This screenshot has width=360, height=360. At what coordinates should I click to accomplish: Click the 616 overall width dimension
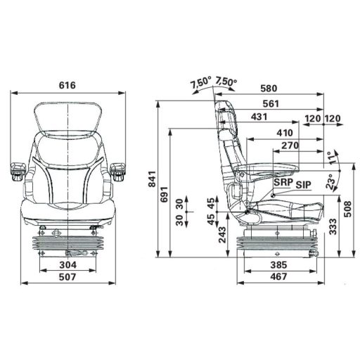[68, 86]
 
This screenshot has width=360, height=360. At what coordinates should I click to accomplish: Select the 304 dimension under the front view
[68, 265]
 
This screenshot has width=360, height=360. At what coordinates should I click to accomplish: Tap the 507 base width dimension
[68, 276]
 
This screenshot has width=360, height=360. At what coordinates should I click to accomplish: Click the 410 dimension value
[284, 132]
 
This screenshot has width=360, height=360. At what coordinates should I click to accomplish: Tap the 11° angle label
[331, 156]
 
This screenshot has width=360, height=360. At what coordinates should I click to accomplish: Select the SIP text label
[303, 185]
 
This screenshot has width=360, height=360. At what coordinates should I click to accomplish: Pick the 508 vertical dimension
[347, 208]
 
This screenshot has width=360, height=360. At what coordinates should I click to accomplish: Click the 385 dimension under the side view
[278, 265]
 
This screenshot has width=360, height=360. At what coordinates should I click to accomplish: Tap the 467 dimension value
[278, 277]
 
